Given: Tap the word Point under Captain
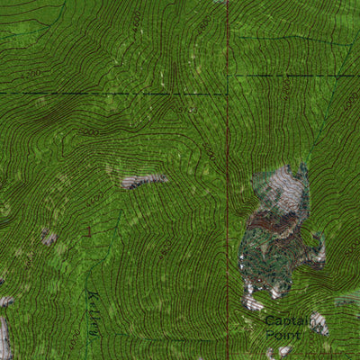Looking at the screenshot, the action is (280, 334).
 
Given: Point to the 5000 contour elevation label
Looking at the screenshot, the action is (88, 132).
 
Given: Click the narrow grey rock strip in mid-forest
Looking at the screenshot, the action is (144, 181).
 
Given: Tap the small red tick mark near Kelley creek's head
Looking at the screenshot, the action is (87, 232).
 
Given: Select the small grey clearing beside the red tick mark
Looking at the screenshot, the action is (49, 238).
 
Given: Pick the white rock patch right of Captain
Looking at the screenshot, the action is (319, 323).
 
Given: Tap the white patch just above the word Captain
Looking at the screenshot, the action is (254, 302).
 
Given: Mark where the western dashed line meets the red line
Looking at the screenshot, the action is (227, 94).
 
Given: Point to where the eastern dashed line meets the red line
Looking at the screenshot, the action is (227, 75).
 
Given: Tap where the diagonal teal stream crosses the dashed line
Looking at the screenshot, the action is (337, 75).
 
